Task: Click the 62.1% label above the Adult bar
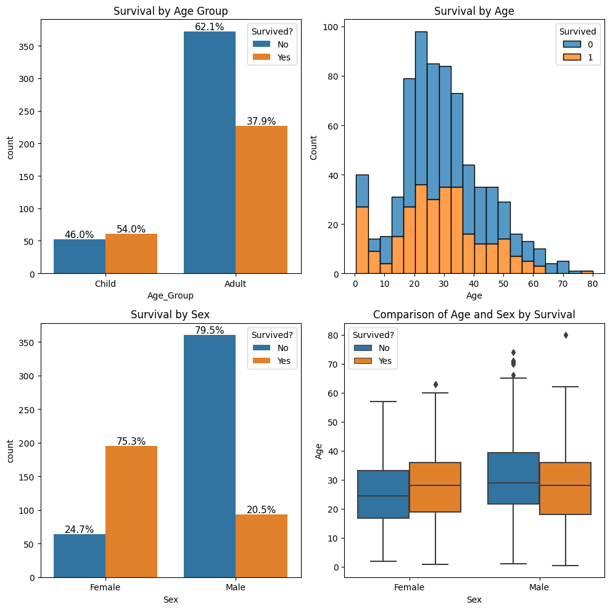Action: [210, 27]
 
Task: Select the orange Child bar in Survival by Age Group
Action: [131, 253]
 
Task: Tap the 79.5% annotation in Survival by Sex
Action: [210, 331]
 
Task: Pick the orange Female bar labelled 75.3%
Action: [131, 511]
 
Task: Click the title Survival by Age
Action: [474, 11]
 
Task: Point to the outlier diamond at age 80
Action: [566, 336]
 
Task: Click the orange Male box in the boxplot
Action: [565, 488]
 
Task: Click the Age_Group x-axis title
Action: [170, 296]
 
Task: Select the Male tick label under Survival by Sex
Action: [235, 587]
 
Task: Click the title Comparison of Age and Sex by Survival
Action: [474, 315]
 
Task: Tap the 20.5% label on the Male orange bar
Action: [262, 509]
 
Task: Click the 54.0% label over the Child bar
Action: [131, 229]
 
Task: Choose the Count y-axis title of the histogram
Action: [314, 147]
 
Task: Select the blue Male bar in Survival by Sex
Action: [210, 456]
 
